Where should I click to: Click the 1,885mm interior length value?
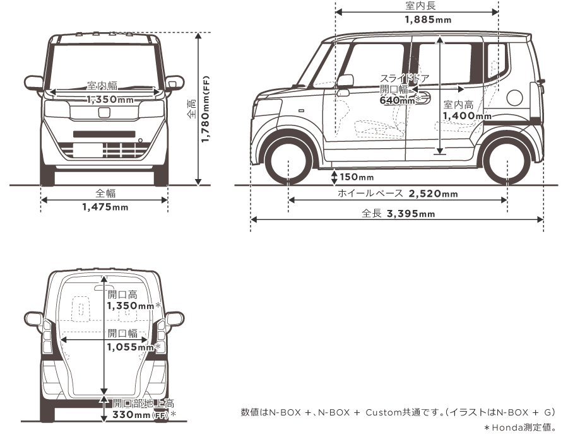[427, 20]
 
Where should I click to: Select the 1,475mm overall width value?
[105, 207]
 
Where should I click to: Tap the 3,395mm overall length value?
[411, 214]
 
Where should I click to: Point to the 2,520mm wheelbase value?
[434, 194]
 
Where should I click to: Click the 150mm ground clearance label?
[357, 177]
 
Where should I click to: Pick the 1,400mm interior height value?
[467, 116]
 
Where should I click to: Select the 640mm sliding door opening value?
[397, 100]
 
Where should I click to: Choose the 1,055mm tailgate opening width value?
[130, 347]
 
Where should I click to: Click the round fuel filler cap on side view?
[515, 98]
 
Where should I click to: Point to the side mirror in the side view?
[345, 81]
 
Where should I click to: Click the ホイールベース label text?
[370, 194]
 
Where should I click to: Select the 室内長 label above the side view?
[420, 6]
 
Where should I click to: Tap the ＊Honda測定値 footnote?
[524, 427]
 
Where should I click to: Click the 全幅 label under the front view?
[105, 194]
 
